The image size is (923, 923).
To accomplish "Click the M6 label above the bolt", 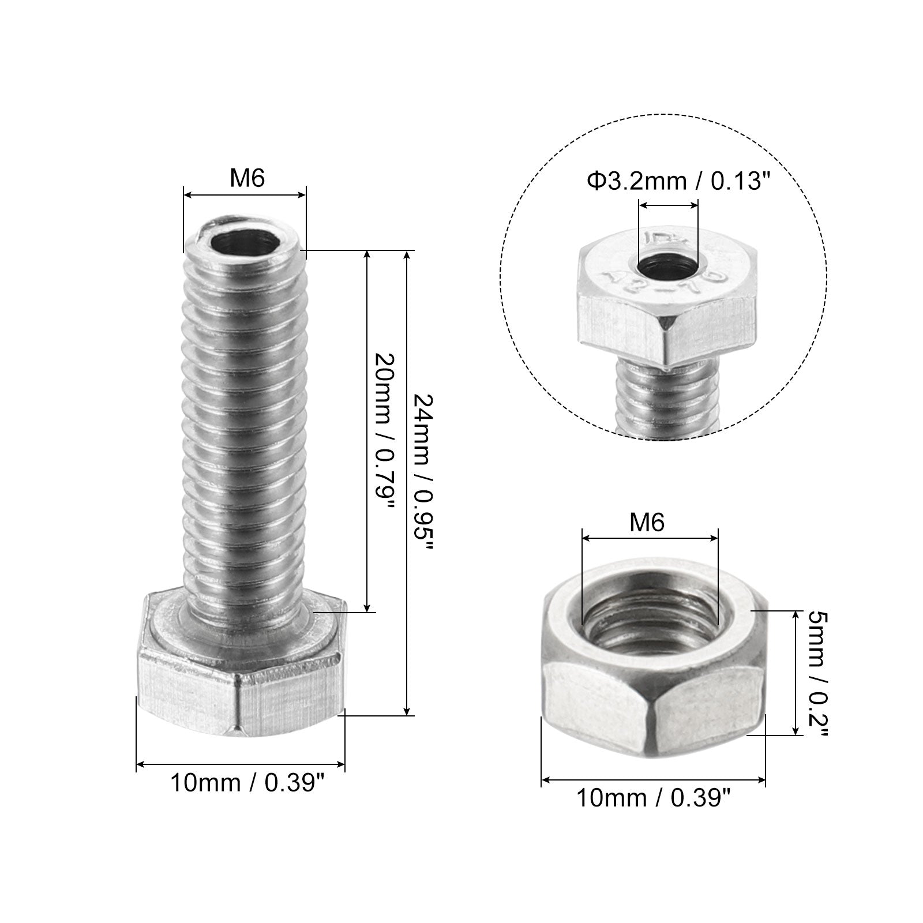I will click(x=247, y=179).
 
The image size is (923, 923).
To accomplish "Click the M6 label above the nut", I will click(x=647, y=523).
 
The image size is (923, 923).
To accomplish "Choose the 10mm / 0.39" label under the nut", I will click(x=653, y=798).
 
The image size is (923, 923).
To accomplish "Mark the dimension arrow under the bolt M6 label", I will click(x=245, y=196).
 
